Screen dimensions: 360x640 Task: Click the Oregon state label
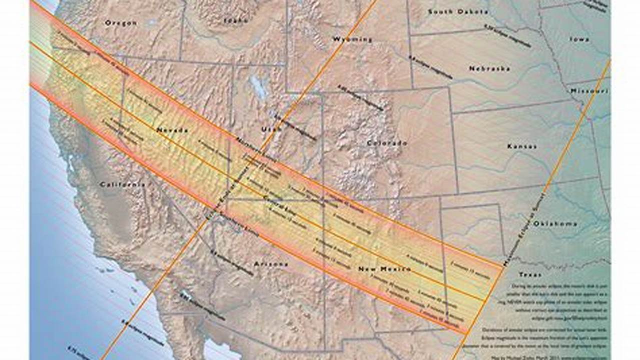tap(121, 23)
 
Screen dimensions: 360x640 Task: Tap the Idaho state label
tap(236, 20)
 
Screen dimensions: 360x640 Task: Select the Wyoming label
tap(352, 39)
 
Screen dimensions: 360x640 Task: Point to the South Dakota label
tap(457, 11)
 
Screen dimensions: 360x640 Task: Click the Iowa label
tap(579, 39)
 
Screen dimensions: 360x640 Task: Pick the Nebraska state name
tap(489, 68)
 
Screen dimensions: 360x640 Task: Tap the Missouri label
tap(589, 91)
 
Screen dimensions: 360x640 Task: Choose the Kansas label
tap(522, 146)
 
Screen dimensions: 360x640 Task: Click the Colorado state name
tap(387, 143)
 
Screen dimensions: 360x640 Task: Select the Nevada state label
tap(172, 130)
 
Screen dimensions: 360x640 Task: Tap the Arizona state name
tap(271, 264)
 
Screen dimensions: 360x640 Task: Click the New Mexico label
tap(384, 269)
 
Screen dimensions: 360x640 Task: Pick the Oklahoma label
tap(555, 224)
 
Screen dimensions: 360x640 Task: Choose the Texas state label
tap(530, 274)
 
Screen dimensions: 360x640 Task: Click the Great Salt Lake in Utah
tap(258, 86)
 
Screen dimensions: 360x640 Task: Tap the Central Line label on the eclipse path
tap(277, 203)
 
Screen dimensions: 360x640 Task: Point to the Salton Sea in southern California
tap(186, 295)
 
